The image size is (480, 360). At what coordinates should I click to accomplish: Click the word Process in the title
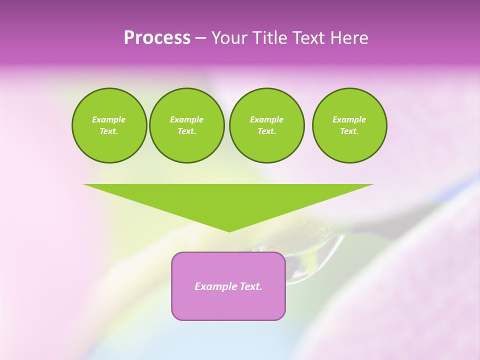point(157,38)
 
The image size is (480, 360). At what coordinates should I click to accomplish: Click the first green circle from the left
point(109,125)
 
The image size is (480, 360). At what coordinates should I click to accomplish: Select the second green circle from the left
point(186,125)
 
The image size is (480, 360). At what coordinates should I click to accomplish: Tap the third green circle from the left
point(266,125)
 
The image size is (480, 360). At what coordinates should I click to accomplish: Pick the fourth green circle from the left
point(349,125)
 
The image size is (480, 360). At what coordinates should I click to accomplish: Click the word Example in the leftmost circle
point(109,119)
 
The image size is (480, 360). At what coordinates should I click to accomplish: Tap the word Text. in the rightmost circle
point(349,131)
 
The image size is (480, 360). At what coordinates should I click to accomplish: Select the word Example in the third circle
point(266,119)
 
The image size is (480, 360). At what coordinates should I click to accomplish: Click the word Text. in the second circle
point(186,131)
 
